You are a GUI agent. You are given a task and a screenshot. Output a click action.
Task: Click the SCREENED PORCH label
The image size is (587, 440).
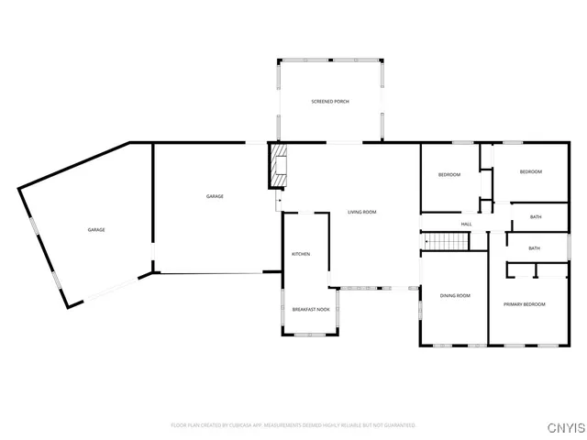330,101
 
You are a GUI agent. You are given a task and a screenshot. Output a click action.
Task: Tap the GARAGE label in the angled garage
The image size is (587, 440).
95,229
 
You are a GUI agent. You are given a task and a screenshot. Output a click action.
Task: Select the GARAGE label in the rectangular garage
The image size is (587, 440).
215,196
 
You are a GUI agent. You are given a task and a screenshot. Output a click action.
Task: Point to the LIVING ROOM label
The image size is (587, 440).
361,212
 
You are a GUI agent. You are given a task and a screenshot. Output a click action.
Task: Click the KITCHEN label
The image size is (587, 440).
301,253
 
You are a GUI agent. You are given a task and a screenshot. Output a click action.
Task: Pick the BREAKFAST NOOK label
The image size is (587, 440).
311,311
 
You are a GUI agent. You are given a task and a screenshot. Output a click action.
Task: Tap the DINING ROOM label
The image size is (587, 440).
455,295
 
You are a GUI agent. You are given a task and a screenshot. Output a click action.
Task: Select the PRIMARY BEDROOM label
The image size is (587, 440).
525,303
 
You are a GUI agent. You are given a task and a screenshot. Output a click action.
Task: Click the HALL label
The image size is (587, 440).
466,224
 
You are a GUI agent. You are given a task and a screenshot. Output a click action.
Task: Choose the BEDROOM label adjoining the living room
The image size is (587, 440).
449,175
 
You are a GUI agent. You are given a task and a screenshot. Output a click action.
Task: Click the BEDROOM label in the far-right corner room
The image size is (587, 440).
531,171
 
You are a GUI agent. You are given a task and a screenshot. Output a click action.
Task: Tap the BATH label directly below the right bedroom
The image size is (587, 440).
535,217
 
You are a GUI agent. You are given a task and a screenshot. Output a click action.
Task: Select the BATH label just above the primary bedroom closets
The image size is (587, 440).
535,247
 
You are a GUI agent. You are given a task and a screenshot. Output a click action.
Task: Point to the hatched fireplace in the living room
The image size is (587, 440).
279,166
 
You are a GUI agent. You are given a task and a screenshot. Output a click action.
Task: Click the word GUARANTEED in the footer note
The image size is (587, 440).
400,425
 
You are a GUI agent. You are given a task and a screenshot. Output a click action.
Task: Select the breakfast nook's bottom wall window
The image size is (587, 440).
311,337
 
